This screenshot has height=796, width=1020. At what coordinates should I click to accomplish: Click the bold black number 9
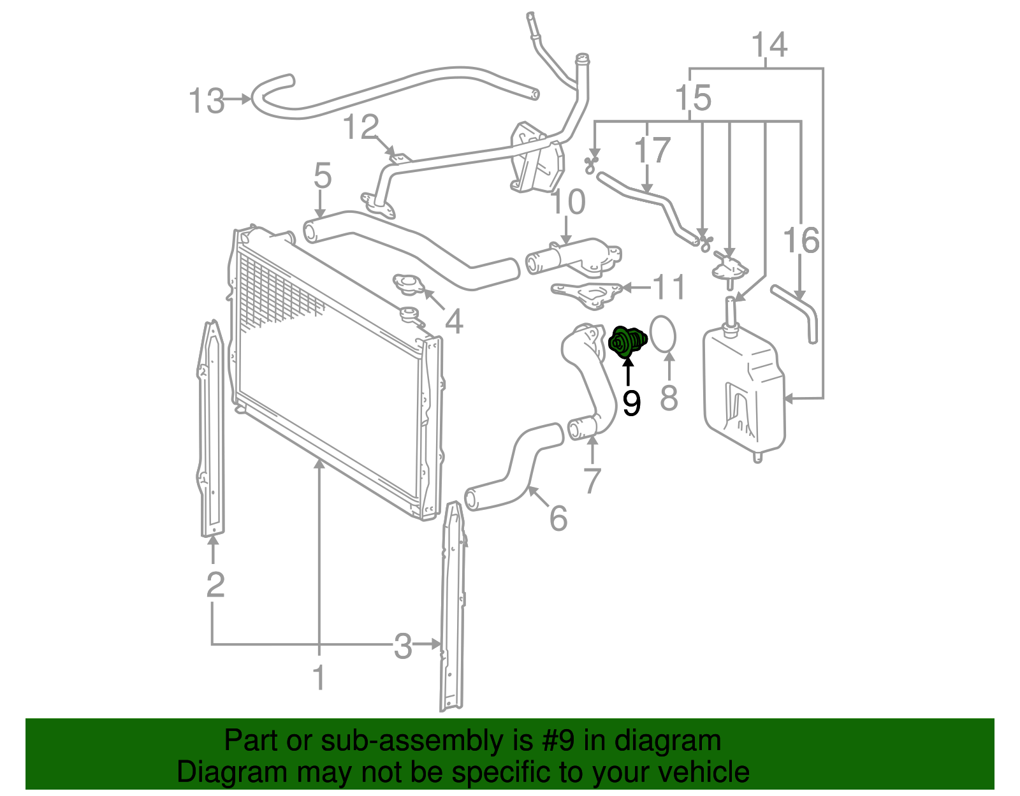click(631, 403)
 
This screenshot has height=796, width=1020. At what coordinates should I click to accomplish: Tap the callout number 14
click(769, 45)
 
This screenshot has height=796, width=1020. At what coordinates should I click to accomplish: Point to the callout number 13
click(207, 101)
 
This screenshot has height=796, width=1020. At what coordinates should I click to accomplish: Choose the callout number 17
click(652, 150)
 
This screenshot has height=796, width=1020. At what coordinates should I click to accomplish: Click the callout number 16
click(801, 240)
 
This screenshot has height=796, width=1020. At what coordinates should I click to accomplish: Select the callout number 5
click(323, 175)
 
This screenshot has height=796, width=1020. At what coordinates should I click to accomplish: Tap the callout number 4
click(453, 322)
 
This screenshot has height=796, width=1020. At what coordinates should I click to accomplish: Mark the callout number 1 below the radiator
click(319, 677)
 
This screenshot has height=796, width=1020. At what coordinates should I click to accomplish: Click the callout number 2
click(215, 584)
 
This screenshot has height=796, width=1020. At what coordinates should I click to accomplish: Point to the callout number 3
click(403, 646)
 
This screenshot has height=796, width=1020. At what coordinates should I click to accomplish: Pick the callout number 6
click(558, 518)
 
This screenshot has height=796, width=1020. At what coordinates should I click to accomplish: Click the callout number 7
click(592, 481)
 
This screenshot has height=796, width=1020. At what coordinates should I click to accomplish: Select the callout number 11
click(669, 287)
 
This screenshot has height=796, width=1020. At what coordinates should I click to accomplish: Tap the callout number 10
click(567, 202)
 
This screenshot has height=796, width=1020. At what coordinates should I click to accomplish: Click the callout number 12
click(361, 127)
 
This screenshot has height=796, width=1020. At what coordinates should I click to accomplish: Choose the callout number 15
click(693, 98)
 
